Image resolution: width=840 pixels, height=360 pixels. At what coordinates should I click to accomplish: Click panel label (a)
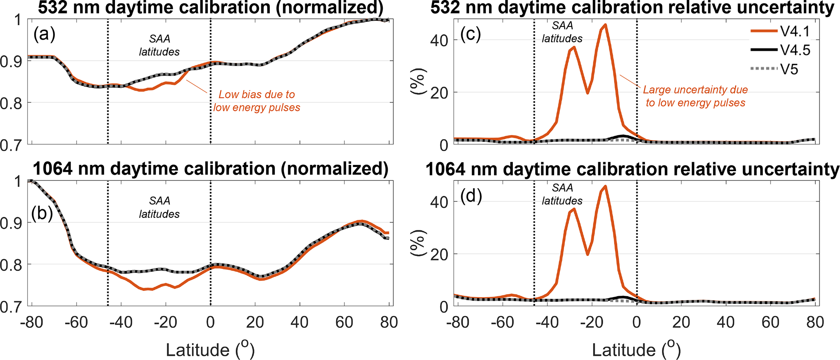click(x=44, y=34)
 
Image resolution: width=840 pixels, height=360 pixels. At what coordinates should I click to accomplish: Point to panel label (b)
click(x=42, y=213)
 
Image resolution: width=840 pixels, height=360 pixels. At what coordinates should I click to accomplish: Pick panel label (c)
click(x=471, y=34)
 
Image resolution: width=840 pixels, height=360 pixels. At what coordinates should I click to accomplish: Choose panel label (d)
click(x=471, y=196)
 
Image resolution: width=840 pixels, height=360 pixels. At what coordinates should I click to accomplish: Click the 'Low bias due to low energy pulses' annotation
click(x=257, y=101)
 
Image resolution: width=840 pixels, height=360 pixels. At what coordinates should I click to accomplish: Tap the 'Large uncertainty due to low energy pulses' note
click(x=695, y=96)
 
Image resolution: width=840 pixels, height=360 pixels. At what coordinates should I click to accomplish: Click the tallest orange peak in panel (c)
click(x=605, y=25)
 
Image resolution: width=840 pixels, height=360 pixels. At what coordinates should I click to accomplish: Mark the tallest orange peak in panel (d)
click(x=605, y=187)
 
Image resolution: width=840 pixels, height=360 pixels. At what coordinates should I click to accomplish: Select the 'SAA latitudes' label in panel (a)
click(x=159, y=45)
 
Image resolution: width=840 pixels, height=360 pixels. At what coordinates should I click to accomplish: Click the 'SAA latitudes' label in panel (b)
click(x=159, y=207)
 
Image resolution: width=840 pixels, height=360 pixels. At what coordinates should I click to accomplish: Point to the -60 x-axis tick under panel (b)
click(x=76, y=323)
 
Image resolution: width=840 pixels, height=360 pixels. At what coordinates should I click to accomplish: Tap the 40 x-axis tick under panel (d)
click(x=726, y=323)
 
